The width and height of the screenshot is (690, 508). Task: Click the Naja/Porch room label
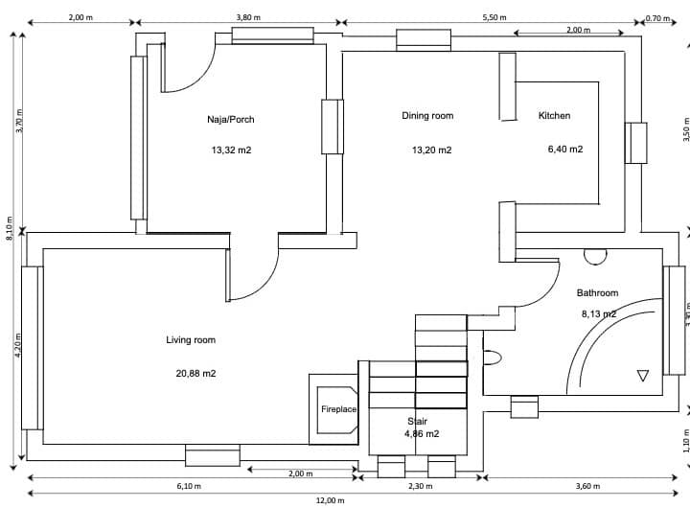click(230, 119)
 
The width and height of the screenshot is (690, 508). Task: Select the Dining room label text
click(427, 116)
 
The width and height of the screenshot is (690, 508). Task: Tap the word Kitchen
click(554, 116)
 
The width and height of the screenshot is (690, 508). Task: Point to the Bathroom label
click(597, 293)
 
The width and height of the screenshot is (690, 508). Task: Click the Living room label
click(191, 340)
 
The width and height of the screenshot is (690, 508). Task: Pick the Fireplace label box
click(338, 409)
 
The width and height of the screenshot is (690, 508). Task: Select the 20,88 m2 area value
click(195, 374)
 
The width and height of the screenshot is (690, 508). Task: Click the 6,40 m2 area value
click(564, 150)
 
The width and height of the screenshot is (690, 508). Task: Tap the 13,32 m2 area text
click(231, 150)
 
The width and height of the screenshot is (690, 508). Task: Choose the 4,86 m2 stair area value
click(422, 434)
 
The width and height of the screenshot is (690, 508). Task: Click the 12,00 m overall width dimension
click(330, 500)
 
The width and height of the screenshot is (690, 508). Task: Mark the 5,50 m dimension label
click(493, 17)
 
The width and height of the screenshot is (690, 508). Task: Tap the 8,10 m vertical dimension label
click(9, 229)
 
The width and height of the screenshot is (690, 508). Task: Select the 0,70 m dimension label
click(658, 17)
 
